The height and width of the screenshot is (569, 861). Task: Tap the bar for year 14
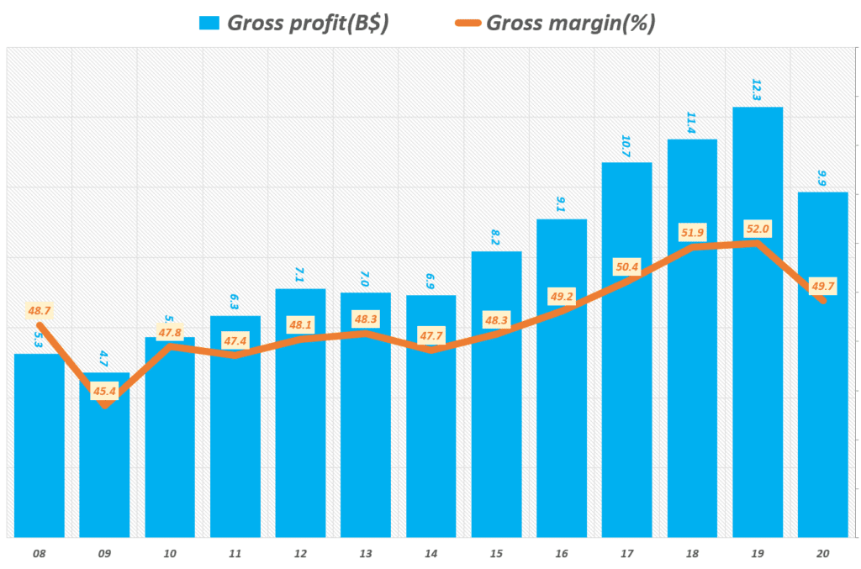430,437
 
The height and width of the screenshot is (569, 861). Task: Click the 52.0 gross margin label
758,229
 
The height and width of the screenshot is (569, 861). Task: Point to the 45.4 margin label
105,390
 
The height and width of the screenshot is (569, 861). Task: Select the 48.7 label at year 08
40,311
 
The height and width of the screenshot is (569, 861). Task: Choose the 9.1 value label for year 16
561,203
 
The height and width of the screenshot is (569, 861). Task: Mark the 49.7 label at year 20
821,287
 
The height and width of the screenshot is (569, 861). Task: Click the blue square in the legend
208,23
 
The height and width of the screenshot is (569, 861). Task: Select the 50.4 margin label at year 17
626,267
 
